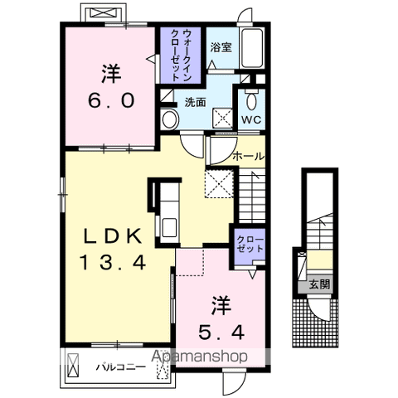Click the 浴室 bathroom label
pyautogui.click(x=221, y=47)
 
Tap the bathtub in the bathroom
pyautogui.click(x=252, y=48)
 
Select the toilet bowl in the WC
pyautogui.click(x=251, y=102)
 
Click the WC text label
pyautogui.click(x=251, y=119)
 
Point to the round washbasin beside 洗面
pyautogui.click(x=169, y=119)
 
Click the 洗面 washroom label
pyautogui.click(x=195, y=103)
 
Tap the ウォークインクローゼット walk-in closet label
pyautogui.click(x=181, y=55)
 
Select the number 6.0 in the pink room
pyautogui.click(x=111, y=100)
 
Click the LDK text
pyautogui.click(x=113, y=236)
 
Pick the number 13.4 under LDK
pyautogui.click(x=113, y=262)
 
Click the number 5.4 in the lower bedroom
pyautogui.click(x=221, y=332)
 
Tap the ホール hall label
pyautogui.click(x=248, y=157)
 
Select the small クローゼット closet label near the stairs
pyautogui.click(x=250, y=244)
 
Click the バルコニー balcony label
pyautogui.click(x=121, y=367)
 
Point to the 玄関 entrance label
pyautogui.click(x=319, y=284)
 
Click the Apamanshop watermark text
pyautogui.click(x=199, y=357)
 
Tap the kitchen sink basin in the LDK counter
pyautogui.click(x=169, y=227)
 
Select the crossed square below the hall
pyautogui.click(x=219, y=183)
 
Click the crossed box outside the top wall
pyautogui.click(x=104, y=13)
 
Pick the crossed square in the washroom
pyautogui.click(x=222, y=118)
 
